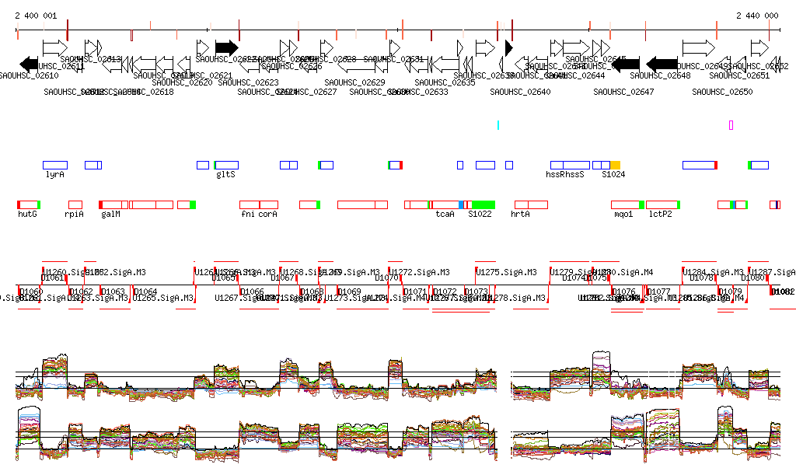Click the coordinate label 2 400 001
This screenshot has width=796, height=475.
click(x=36, y=16)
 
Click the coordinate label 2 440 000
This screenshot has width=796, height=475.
click(x=757, y=16)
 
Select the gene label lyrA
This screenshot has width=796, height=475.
click(x=54, y=175)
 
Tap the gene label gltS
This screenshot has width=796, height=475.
click(x=225, y=175)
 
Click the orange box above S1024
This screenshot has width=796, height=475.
click(x=616, y=165)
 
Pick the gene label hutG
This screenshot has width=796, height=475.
click(x=27, y=214)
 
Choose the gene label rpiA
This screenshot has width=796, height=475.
click(x=75, y=214)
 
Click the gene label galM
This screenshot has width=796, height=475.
click(x=110, y=214)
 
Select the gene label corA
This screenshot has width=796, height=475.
click(x=268, y=214)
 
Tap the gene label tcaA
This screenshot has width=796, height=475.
click(x=445, y=214)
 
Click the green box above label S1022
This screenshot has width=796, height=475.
click(x=484, y=204)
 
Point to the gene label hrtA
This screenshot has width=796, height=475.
click(x=520, y=214)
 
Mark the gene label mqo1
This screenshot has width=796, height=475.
click(x=623, y=214)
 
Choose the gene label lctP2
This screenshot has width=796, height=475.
click(x=661, y=214)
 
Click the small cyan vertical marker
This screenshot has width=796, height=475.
click(x=498, y=124)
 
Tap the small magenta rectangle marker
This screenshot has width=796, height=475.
click(x=731, y=125)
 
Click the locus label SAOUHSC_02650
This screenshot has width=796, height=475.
click(x=722, y=92)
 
